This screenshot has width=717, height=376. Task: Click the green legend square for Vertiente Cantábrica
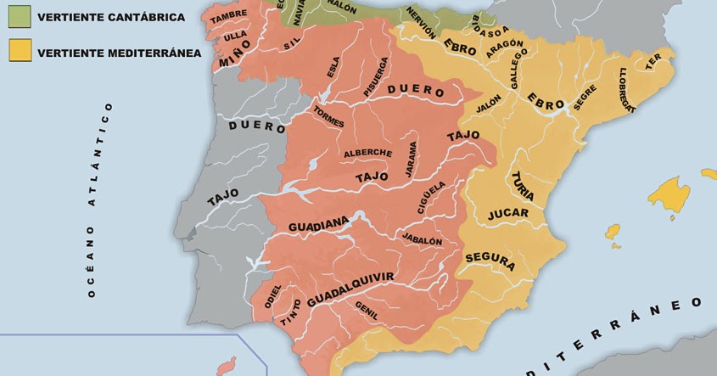click(20, 15)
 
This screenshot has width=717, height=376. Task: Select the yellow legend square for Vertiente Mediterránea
click(20, 50)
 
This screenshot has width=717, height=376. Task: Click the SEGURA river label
click(490, 261)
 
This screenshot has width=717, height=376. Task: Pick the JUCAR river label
click(508, 214)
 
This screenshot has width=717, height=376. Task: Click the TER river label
click(653, 61)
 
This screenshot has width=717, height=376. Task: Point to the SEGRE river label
click(585, 98)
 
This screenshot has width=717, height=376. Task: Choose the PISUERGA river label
click(376, 76)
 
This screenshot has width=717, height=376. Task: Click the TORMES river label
click(328, 117)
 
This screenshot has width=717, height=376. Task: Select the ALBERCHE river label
click(367, 154)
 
